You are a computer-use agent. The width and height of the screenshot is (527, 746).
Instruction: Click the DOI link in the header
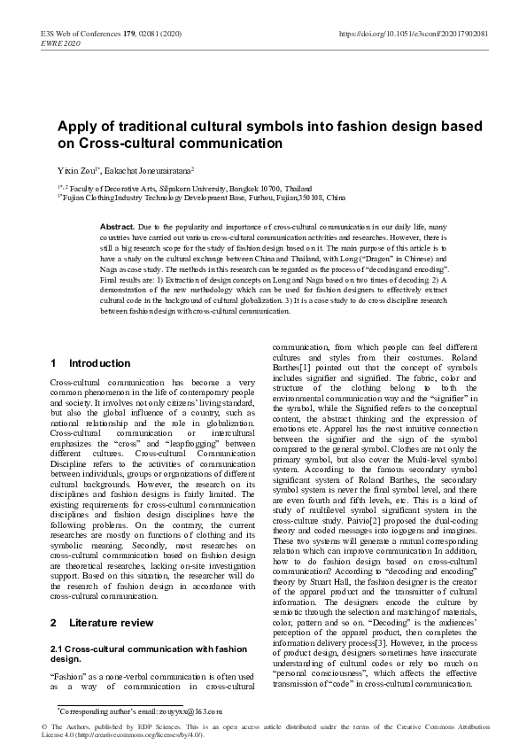[x=413, y=34]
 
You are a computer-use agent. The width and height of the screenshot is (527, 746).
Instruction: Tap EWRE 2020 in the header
[x=61, y=43]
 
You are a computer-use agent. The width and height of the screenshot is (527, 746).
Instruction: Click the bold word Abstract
[x=117, y=229]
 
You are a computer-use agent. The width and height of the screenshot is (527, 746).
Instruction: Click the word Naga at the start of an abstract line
[x=110, y=268]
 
